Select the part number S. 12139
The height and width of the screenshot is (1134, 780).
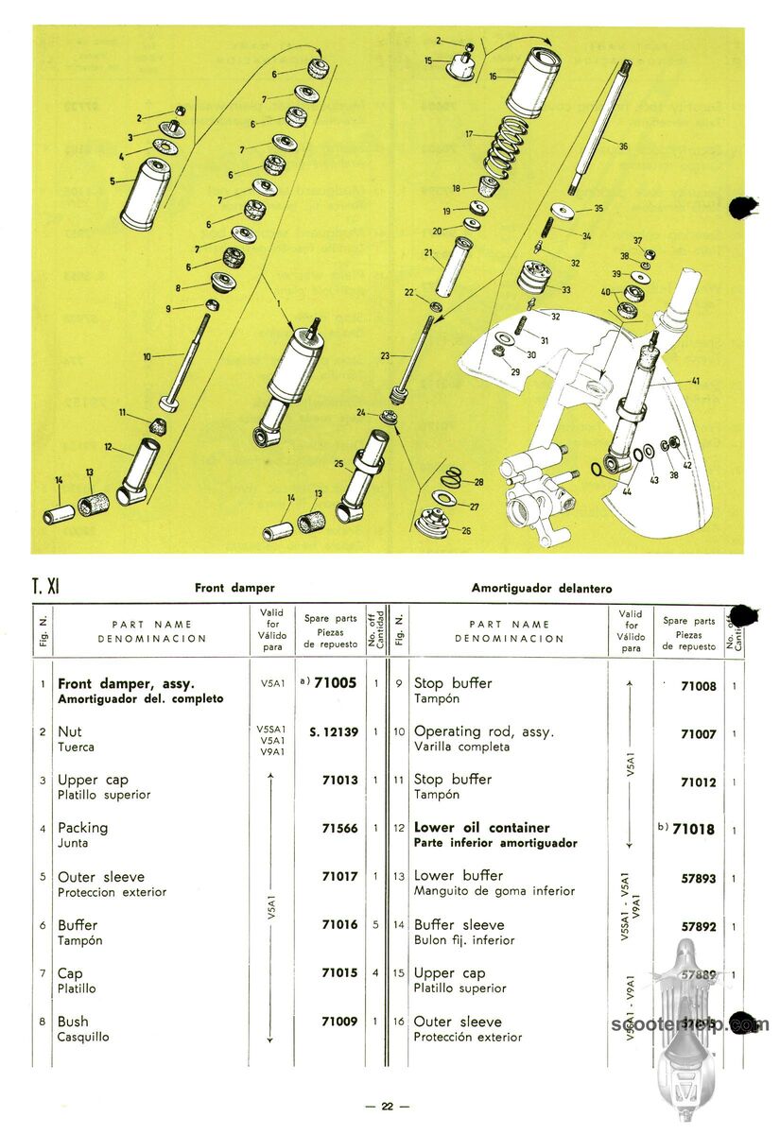coord(333,731)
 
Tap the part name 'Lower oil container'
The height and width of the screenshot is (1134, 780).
coord(481,828)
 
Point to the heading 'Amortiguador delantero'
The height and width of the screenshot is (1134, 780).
coord(541,588)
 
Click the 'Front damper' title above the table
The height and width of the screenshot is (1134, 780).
coord(234,588)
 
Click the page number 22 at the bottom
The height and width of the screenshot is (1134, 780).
coord(388,1107)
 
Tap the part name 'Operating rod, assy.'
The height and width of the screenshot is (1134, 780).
coord(484,731)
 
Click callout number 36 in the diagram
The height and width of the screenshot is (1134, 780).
coord(622,146)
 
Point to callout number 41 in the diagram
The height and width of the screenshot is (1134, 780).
coord(695,381)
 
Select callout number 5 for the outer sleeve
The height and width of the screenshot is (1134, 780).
coord(112,180)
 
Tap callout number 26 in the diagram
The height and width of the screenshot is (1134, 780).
coord(466,530)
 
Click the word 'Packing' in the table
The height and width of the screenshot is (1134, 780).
coord(83,828)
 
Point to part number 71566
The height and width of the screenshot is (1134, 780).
coord(340,828)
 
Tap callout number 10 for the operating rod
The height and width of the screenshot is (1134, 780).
coord(147,356)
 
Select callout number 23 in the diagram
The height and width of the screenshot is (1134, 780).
coord(386,356)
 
